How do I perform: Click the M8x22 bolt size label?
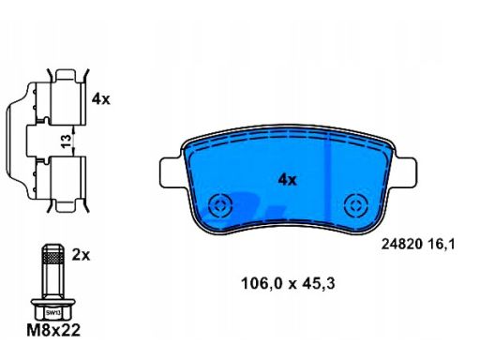(x=53, y=330)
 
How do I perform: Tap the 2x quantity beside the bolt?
(x=81, y=255)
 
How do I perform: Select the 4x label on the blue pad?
(x=287, y=180)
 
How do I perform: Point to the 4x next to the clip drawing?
(x=101, y=99)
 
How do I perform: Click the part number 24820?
(x=402, y=244)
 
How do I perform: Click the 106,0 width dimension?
(x=262, y=284)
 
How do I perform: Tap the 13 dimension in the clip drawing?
(x=67, y=142)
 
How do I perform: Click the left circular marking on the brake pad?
(x=221, y=205)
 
